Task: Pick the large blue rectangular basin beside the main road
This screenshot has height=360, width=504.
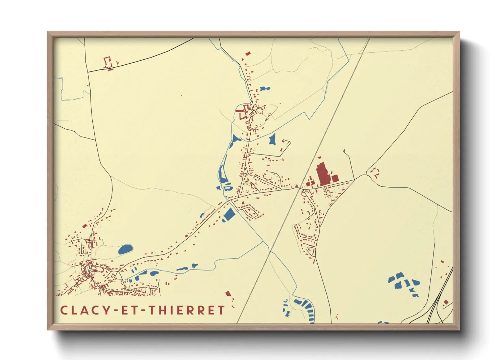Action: (229, 214)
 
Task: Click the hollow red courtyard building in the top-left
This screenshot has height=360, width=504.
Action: (108, 62)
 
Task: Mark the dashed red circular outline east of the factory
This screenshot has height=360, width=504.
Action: (375, 173)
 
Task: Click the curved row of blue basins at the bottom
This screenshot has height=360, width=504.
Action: (306, 308)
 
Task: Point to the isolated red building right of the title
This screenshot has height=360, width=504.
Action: (228, 293)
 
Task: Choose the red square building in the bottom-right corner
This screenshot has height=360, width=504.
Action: (446, 301)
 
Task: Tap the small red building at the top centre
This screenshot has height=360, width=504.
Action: (248, 53)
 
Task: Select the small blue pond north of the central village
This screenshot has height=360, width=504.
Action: (265, 89)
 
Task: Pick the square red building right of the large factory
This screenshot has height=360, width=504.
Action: (335, 178)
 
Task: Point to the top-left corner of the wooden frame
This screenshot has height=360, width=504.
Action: (48, 33)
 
